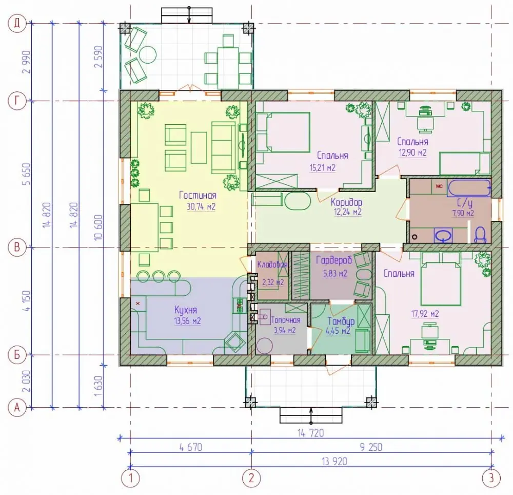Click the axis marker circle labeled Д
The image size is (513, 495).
(x=16, y=24)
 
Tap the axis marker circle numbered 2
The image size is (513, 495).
(x=251, y=478)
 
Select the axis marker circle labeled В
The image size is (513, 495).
(x=16, y=247)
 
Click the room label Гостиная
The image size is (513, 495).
(x=198, y=196)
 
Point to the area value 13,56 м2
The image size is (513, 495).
(x=187, y=321)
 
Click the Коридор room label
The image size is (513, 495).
(x=346, y=202)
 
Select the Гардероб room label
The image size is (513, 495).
(x=334, y=260)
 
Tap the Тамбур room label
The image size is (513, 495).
(x=341, y=321)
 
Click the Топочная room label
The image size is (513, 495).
(x=286, y=320)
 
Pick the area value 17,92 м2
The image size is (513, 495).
(x=425, y=314)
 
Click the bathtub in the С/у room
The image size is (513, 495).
(x=469, y=187)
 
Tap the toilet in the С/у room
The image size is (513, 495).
(x=480, y=235)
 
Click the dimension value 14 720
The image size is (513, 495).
(x=310, y=433)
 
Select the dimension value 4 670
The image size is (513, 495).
(x=191, y=447)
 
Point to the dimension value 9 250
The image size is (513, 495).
(x=371, y=447)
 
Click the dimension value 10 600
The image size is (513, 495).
(x=98, y=227)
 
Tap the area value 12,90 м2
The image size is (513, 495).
(x=412, y=153)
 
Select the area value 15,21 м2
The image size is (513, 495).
(x=323, y=168)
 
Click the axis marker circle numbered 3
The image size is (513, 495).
(x=491, y=478)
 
